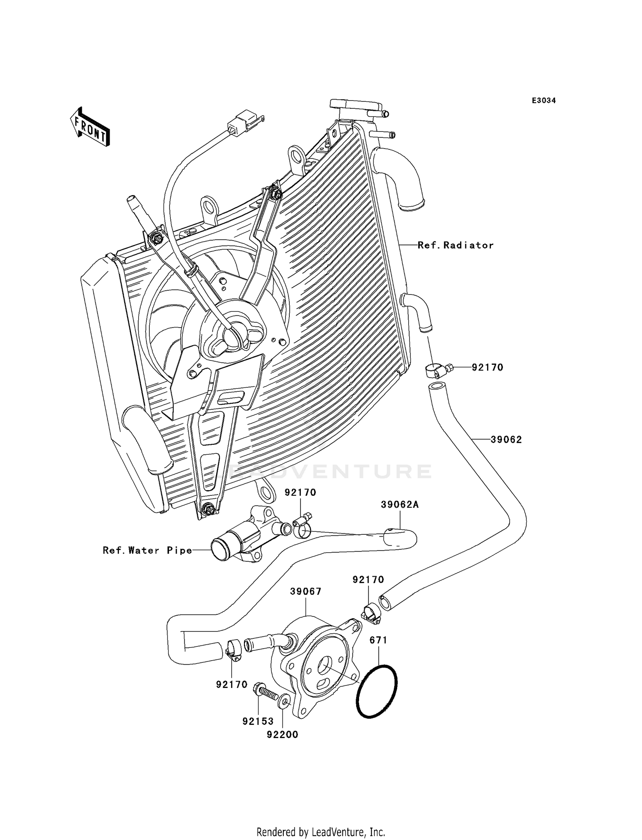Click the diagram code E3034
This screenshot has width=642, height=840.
[x=544, y=101]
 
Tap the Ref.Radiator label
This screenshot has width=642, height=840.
[x=455, y=245]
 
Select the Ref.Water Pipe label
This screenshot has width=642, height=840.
[x=147, y=551]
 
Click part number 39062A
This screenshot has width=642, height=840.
[x=400, y=505]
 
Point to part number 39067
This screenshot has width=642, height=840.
[x=306, y=591]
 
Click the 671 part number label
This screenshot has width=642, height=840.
[x=378, y=640]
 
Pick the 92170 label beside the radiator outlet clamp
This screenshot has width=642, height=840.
[x=487, y=367]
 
